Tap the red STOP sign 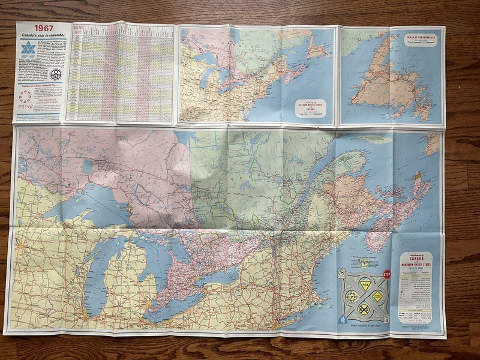[x=386, y=275]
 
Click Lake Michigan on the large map [x=96, y=270]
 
